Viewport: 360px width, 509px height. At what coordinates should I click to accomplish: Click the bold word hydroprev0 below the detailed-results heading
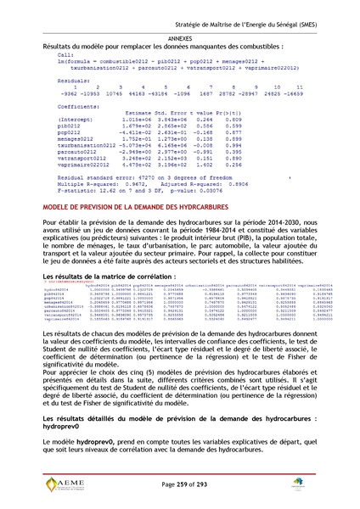tap(53, 422)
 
